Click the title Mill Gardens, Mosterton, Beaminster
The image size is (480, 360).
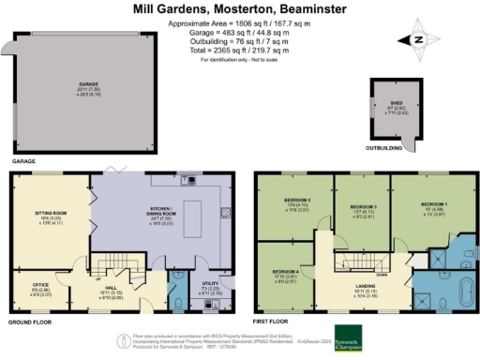[240, 8]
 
